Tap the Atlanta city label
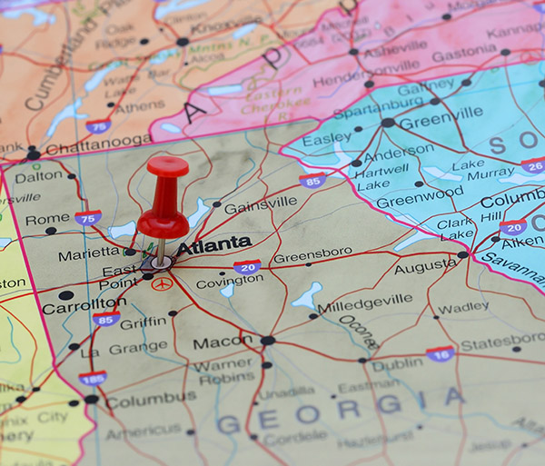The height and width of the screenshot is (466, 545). click(x=213, y=244)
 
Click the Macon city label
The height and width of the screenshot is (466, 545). click(x=223, y=342)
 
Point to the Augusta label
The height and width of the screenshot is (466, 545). click(x=424, y=266)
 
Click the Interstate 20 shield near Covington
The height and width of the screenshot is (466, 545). click(x=247, y=266)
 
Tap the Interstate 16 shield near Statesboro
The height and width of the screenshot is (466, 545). click(x=440, y=354)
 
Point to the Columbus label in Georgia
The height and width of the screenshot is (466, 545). click(x=150, y=399)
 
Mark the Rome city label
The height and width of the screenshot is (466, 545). click(x=47, y=220)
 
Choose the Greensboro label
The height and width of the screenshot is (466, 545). click(x=312, y=255)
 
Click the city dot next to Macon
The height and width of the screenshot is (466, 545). click(x=267, y=341)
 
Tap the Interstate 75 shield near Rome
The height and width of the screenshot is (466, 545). click(x=88, y=218)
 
